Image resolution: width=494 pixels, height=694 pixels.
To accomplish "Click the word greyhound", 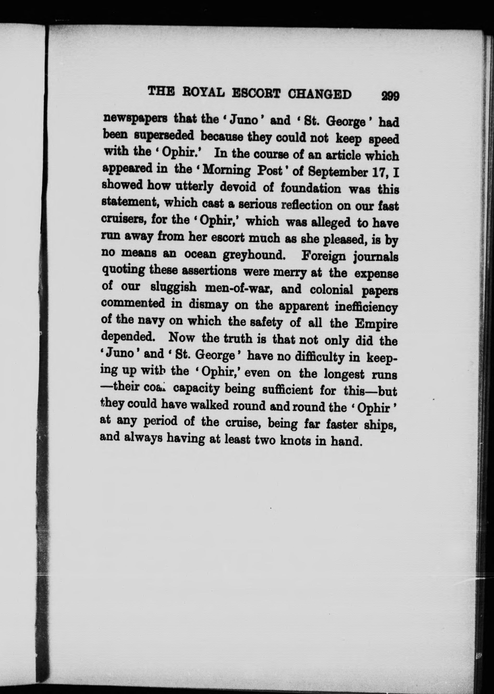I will tap(254, 254).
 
